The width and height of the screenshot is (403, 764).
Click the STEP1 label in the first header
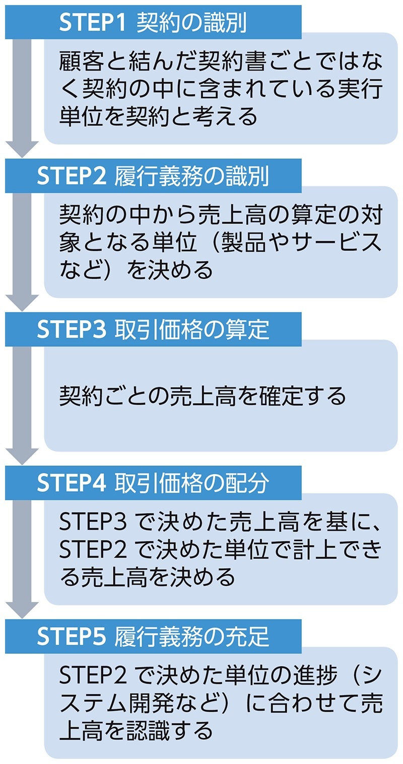pos(94,22)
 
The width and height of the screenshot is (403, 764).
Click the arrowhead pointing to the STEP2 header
pos(22,148)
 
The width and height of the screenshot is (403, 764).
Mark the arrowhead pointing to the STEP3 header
pos(22,302)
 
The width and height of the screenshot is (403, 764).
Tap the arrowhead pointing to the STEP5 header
pos(22,609)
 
